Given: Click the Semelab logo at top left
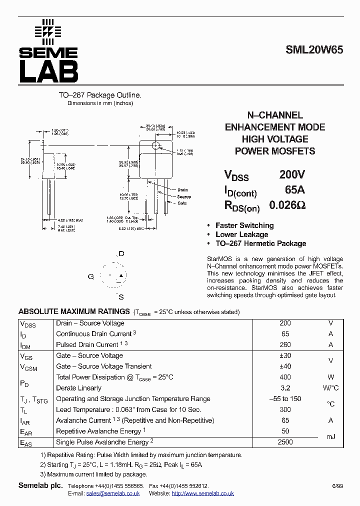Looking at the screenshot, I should (x=48, y=51).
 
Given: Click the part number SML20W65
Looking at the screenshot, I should (x=314, y=50).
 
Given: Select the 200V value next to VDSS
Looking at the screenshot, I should (x=291, y=174).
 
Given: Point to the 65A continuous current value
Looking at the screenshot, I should (x=294, y=190).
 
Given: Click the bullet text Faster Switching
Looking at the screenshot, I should (x=244, y=225).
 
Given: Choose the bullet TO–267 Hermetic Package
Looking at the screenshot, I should (x=260, y=243).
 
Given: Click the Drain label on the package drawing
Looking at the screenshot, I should (x=182, y=190).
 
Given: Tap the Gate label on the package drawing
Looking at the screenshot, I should (x=181, y=203).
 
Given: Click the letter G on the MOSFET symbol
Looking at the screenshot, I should (x=90, y=276).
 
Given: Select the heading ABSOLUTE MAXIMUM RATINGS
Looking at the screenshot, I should (x=74, y=311).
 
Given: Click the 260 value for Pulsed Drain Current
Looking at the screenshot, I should (x=285, y=344).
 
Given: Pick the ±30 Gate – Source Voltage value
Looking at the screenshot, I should (x=285, y=355).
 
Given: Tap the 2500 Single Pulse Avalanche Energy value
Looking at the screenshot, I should (x=285, y=442).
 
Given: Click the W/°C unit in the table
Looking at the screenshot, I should (x=330, y=388).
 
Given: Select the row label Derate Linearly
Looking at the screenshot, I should (x=78, y=388).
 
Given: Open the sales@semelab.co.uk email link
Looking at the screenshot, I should (x=112, y=493).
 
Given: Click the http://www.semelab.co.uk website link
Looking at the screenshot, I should (x=202, y=493).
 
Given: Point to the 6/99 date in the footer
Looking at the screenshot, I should (x=337, y=486).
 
